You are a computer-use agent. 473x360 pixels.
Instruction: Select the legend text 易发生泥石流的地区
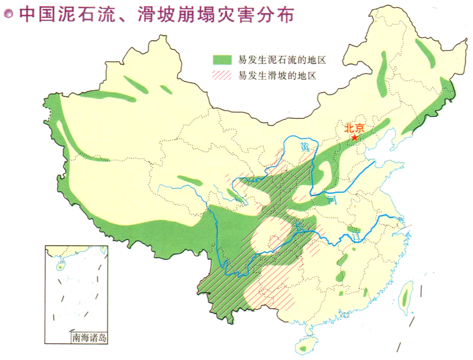(283, 60)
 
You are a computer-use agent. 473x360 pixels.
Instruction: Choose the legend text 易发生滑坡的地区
(277, 75)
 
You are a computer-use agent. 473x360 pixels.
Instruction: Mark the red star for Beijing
(355, 138)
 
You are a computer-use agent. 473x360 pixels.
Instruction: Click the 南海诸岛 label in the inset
(89, 337)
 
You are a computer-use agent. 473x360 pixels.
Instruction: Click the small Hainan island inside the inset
(60, 266)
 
